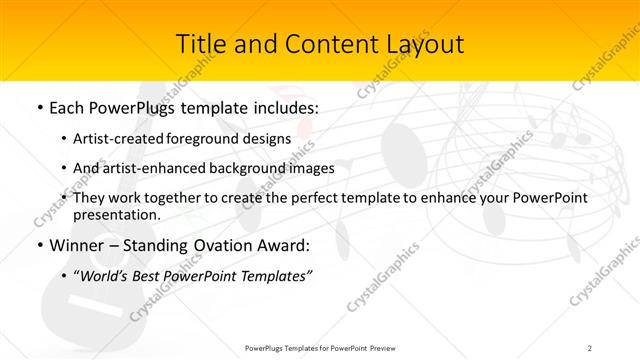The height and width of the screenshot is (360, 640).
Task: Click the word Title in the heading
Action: (x=200, y=45)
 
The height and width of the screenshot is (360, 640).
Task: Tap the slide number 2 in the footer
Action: (x=590, y=347)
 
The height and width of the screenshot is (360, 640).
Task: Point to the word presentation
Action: (x=116, y=214)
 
